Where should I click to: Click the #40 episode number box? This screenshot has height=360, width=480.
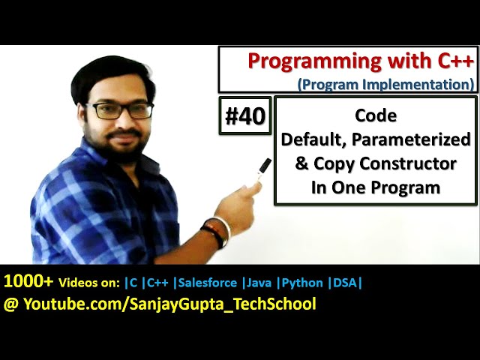tap(245, 115)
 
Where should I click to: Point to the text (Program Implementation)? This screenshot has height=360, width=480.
tap(385, 83)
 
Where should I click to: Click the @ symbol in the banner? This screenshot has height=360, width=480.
tap(10, 304)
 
